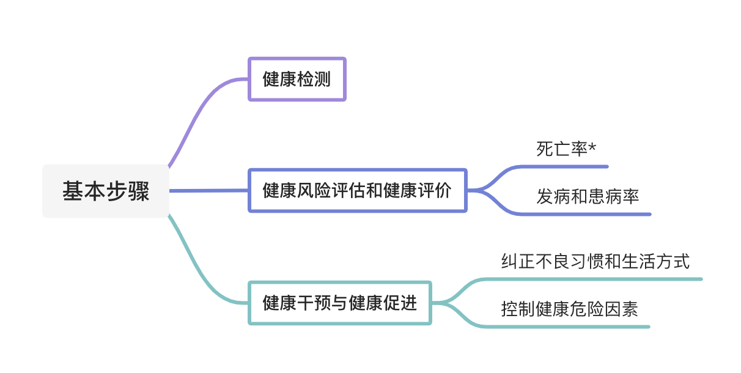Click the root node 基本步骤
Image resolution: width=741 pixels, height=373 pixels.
(106, 191)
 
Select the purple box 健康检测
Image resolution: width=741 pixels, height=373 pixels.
(297, 79)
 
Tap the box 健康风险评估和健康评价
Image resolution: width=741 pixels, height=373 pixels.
(357, 191)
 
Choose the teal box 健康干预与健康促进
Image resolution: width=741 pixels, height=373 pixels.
(339, 303)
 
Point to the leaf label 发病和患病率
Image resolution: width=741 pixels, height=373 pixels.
(588, 196)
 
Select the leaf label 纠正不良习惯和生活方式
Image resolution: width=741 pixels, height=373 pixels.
(595, 262)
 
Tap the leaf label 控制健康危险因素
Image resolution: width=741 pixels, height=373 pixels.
(569, 309)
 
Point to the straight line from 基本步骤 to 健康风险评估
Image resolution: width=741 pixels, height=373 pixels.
(208, 191)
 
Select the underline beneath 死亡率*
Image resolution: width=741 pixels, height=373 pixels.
(569, 166)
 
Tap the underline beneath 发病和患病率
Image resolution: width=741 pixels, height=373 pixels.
(593, 214)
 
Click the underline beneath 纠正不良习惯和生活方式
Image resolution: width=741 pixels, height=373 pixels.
(599, 279)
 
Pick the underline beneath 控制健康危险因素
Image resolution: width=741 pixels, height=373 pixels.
(575, 327)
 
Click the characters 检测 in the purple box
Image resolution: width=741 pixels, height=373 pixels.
(314, 79)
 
